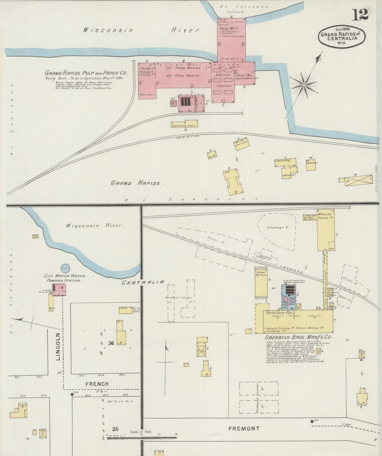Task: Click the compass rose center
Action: point(304,85)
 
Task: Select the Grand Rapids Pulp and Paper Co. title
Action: point(86,73)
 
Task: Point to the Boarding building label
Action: point(283,160)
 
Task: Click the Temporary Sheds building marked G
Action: point(184,124)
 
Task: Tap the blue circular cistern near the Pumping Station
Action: point(65,268)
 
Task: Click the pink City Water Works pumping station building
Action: point(59,290)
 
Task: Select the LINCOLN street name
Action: point(58,346)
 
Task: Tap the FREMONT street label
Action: point(244,428)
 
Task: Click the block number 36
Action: point(111,343)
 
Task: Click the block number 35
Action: point(115,429)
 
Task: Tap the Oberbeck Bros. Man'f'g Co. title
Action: point(299,337)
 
